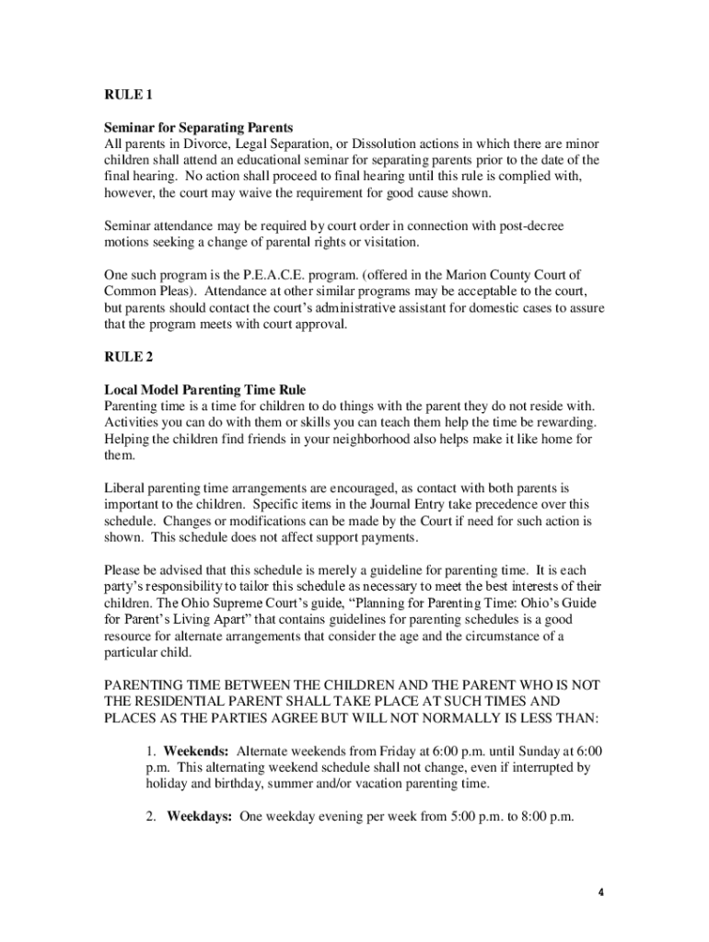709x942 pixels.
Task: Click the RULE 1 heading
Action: click(124, 95)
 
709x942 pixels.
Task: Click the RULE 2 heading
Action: click(124, 357)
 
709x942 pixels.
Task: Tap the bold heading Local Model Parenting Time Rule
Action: click(204, 390)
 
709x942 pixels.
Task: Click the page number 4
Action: click(599, 892)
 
